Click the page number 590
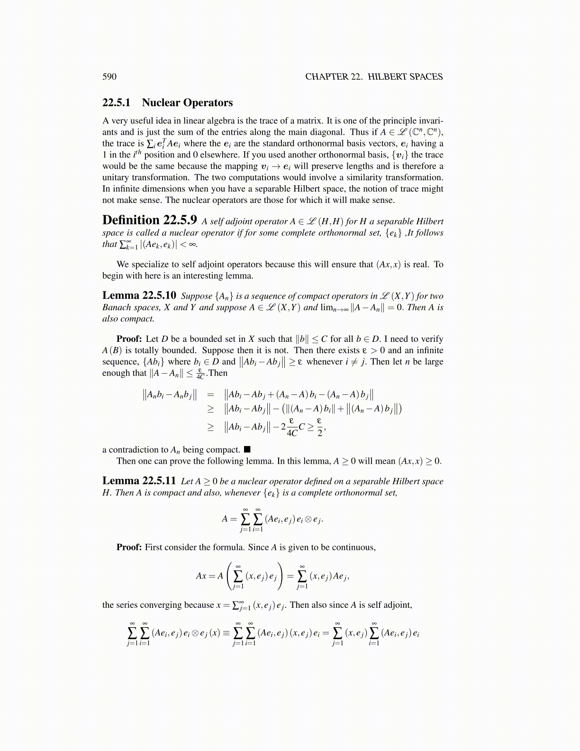(109, 77)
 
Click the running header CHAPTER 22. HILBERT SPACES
(373, 77)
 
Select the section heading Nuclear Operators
(187, 103)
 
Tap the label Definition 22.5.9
(149, 220)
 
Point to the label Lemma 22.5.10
(139, 296)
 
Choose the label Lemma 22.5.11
(139, 481)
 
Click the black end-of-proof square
(247, 449)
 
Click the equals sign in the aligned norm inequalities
(211, 394)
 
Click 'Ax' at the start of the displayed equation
(201, 576)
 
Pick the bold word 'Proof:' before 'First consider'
(129, 547)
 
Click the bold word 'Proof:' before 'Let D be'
(129, 339)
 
